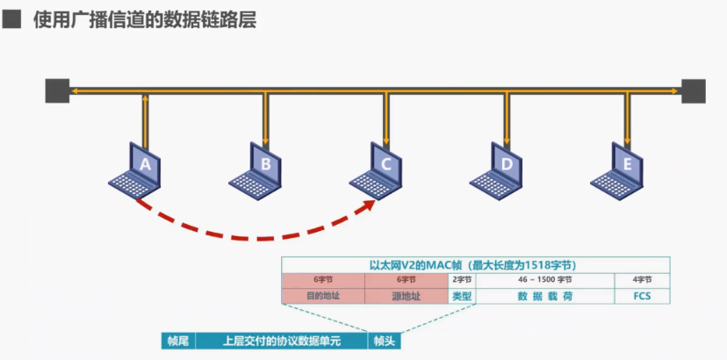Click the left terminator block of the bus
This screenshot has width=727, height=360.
click(57, 90)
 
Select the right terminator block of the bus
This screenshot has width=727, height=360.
click(694, 90)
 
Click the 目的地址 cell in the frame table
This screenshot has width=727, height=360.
click(323, 296)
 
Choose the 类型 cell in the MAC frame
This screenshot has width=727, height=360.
click(462, 296)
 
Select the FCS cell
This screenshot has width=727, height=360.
click(642, 296)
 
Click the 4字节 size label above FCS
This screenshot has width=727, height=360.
click(642, 279)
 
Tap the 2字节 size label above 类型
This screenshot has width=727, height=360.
click(462, 279)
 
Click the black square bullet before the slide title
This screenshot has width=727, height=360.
click(12, 18)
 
